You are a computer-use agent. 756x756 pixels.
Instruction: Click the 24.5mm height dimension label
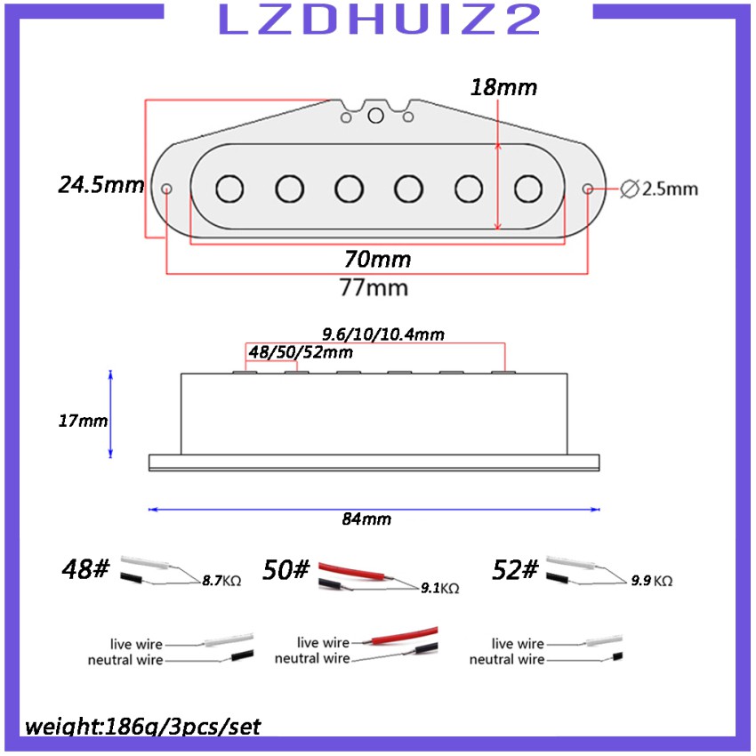101,185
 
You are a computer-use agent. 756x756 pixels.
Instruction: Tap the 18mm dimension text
503,87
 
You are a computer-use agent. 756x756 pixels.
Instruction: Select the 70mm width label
377,260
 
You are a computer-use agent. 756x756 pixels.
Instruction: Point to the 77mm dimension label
374,288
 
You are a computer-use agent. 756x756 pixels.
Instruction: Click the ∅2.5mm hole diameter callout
658,189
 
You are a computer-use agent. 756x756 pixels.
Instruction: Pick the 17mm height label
83,421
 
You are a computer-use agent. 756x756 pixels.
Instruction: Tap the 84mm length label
366,519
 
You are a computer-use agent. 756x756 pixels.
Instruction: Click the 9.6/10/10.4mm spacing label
382,334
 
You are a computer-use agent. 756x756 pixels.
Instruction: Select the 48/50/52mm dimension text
301,352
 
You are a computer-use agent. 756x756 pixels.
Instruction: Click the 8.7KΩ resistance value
221,581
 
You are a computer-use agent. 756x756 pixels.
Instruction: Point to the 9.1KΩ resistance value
439,588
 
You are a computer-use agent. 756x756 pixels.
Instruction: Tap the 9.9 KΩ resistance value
652,581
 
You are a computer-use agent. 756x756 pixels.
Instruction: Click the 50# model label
286,569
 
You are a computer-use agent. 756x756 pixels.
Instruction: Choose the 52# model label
514,569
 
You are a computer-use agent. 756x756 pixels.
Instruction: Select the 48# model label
85,568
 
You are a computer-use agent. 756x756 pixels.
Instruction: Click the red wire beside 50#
352,571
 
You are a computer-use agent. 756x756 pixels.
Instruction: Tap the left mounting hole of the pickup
166,189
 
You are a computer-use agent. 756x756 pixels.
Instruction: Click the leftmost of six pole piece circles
229,189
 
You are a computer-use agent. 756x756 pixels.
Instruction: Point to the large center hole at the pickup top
375,116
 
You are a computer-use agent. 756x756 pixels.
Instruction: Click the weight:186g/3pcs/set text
142,727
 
